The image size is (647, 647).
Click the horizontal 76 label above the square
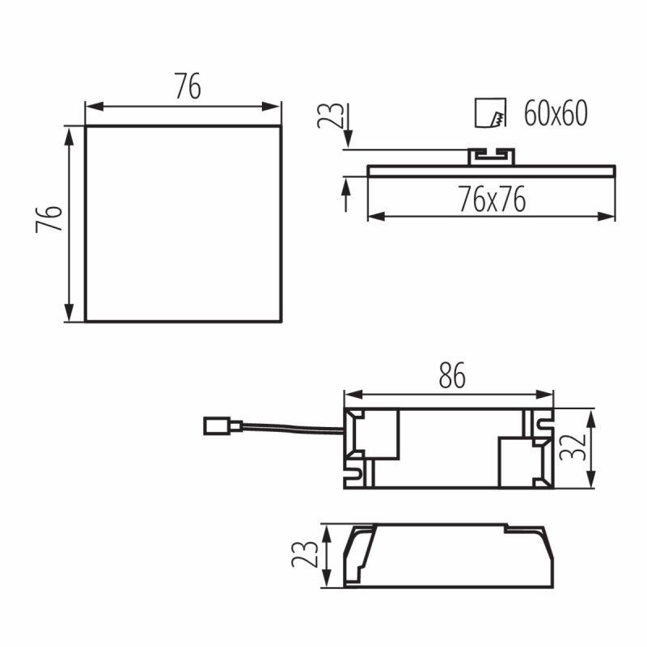click(188, 87)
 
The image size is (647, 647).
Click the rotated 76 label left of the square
click(49, 218)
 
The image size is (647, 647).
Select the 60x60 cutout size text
click(556, 113)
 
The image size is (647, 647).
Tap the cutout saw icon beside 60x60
click(491, 112)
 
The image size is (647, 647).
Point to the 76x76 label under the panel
click(493, 199)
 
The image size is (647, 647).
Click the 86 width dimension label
click(452, 375)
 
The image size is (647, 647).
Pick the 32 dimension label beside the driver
click(573, 447)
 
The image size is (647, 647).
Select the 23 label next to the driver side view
click(305, 554)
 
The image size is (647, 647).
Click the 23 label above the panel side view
click(330, 115)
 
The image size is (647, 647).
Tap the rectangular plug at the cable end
click(223, 426)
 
